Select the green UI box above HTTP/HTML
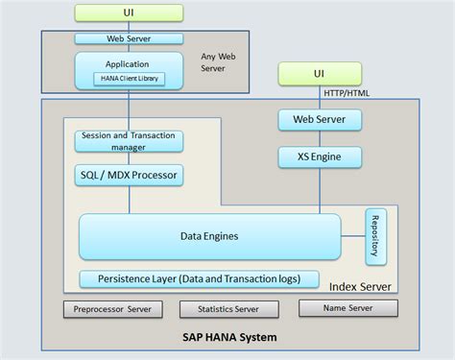click(321, 74)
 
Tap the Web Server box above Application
click(129, 39)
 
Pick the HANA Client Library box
click(129, 80)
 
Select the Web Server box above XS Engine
click(321, 120)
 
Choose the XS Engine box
click(321, 154)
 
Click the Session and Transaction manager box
click(129, 142)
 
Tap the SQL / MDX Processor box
click(129, 176)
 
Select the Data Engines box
click(209, 236)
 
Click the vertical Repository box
click(375, 236)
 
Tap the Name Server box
click(347, 308)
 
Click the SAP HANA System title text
click(229, 338)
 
